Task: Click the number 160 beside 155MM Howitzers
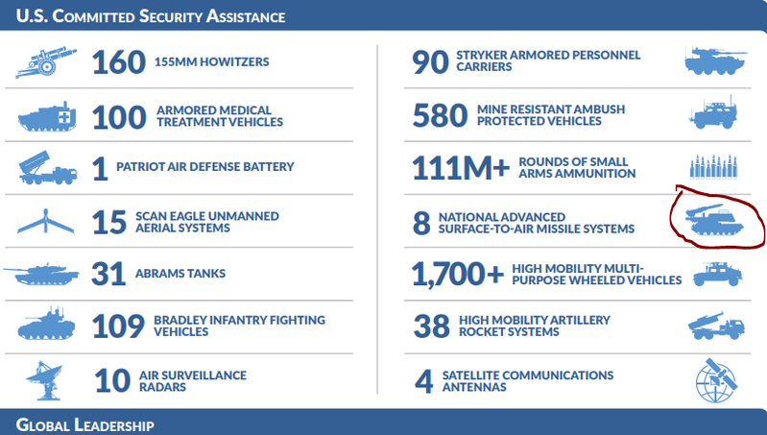[118, 62]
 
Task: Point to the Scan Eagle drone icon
[46, 222]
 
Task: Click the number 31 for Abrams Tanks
[108, 275]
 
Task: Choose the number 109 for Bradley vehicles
[118, 326]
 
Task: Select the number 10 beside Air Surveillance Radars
[112, 380]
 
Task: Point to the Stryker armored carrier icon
[715, 61]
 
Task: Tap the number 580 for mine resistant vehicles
[440, 116]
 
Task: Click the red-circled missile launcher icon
[715, 217]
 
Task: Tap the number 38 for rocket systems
[431, 327]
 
